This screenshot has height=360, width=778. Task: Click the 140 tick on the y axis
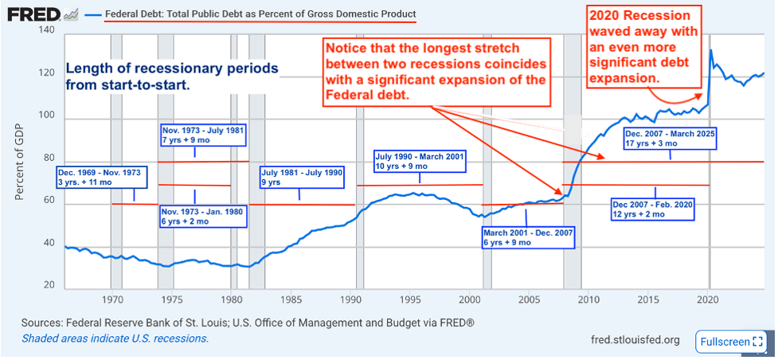coord(45,30)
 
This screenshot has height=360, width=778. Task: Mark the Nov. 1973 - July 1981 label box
coord(202,135)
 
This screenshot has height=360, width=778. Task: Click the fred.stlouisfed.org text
coord(635,340)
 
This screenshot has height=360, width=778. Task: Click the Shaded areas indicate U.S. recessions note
coord(115,338)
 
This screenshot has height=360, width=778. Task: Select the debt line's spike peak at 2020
coord(710,51)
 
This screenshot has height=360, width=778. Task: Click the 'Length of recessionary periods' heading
coord(171,76)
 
